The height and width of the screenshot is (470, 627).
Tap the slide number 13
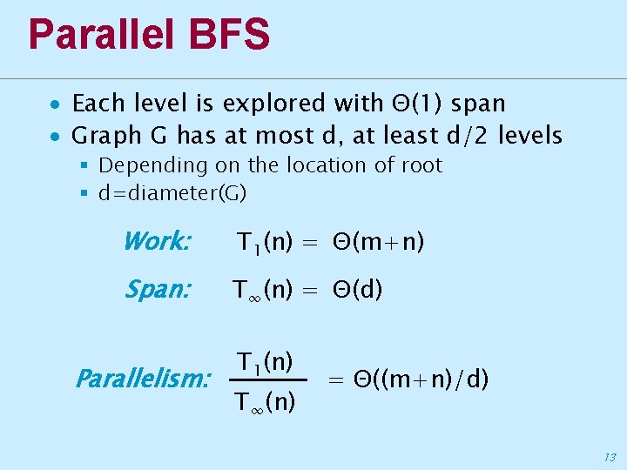609,456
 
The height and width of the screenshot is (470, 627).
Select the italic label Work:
157,241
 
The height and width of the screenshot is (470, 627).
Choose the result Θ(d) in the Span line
357,291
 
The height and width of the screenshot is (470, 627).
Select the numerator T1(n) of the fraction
266,359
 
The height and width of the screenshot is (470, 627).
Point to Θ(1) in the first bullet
413,104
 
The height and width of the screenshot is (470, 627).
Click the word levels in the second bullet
530,136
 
